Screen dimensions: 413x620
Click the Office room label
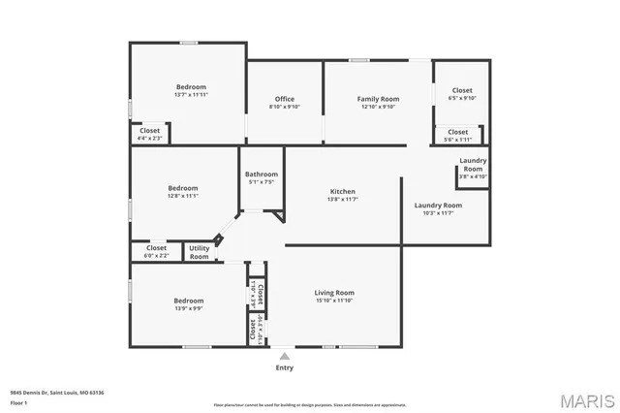[x=284, y=99]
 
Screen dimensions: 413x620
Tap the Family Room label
[x=378, y=99]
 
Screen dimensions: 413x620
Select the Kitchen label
[x=343, y=192]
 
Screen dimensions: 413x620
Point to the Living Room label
[x=334, y=292]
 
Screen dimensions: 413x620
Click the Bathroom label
[x=262, y=175]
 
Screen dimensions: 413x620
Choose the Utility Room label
[x=200, y=252]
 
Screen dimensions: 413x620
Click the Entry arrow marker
[x=285, y=356]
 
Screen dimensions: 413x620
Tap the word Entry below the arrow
[x=285, y=367]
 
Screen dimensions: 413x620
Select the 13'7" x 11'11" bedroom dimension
[x=191, y=95]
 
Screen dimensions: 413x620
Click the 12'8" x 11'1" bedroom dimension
[x=182, y=196]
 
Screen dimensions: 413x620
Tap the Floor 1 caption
[x=17, y=401]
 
